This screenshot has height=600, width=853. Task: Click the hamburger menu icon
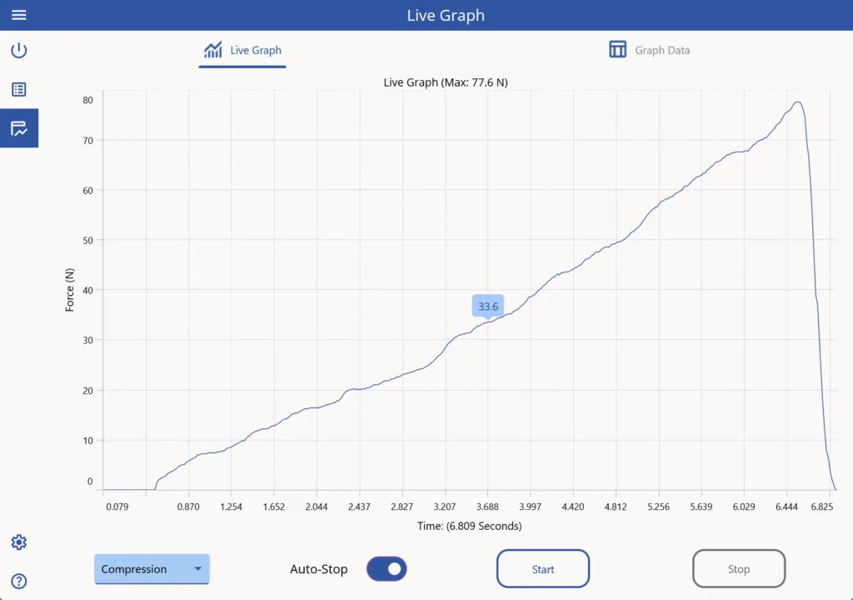pos(18,15)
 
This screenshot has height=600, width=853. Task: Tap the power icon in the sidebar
pos(18,50)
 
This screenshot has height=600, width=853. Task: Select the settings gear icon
pos(18,542)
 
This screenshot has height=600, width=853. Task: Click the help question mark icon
pos(18,581)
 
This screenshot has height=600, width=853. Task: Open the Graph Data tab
pos(649,50)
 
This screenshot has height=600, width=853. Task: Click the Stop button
pos(738,569)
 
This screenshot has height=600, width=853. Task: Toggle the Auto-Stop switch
pos(387,569)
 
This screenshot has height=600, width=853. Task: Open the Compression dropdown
pos(152,569)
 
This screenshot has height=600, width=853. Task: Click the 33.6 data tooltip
pos(488,307)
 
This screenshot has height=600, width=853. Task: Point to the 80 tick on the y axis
pos(87,100)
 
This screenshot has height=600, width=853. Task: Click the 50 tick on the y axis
pos(87,240)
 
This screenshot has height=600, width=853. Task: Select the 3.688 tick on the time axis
pos(487,507)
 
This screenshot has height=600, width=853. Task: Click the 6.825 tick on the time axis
pos(822,507)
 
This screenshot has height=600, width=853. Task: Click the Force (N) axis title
pos(70,290)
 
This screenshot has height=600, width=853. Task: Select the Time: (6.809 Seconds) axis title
pos(469,526)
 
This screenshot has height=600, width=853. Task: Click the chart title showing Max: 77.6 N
pos(445,82)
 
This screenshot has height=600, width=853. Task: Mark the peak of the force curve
pos(797,102)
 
